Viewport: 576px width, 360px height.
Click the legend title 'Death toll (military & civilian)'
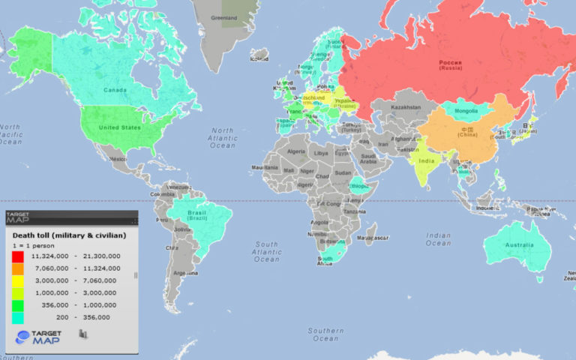69,235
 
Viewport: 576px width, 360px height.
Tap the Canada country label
114,90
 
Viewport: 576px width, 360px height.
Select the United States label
120,127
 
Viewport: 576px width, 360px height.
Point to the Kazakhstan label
406,108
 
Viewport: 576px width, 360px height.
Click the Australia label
518,244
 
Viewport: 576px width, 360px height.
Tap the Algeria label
298,151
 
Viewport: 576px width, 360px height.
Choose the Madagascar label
373,238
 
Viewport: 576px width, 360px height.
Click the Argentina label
185,273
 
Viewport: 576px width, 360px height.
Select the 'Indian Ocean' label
438,238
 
